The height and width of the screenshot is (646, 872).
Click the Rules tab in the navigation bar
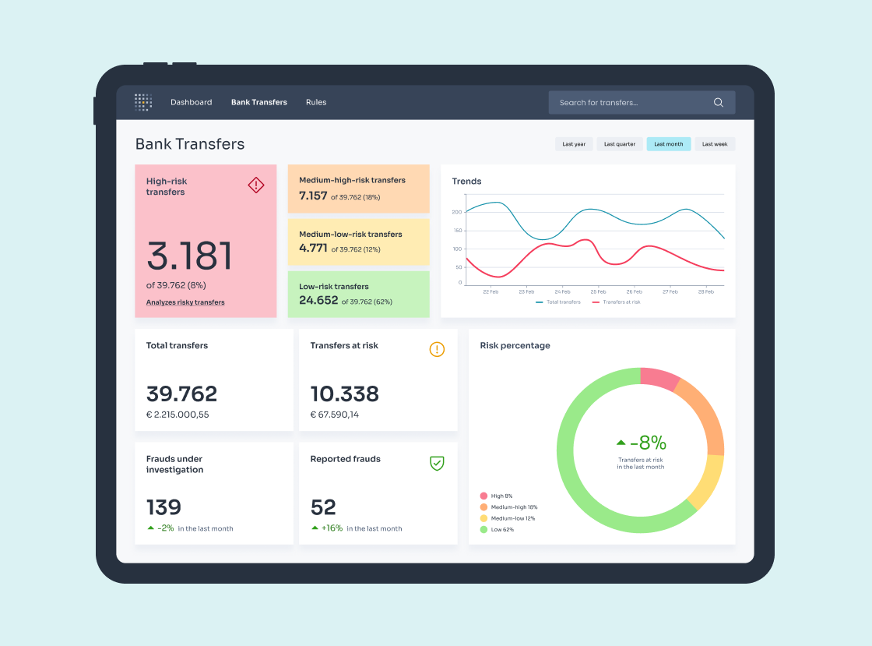[316, 102]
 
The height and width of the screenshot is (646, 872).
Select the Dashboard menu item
[191, 102]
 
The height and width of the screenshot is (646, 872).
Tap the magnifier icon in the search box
[719, 102]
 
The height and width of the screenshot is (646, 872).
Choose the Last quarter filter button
[620, 144]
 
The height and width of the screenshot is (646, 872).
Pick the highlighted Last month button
[668, 144]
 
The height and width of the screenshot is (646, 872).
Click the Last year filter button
[574, 144]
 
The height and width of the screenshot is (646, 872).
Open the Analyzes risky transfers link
[185, 302]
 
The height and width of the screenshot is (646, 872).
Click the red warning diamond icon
[256, 185]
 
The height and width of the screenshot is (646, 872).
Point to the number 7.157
[313, 196]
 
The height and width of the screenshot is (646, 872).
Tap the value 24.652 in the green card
[318, 301]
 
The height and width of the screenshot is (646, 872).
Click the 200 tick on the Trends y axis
[457, 212]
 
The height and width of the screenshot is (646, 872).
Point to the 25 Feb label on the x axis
[598, 291]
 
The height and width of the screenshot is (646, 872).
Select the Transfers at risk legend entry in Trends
[617, 302]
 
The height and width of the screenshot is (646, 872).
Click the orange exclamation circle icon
[437, 349]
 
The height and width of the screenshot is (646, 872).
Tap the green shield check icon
[437, 463]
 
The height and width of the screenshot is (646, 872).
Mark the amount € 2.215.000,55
[178, 415]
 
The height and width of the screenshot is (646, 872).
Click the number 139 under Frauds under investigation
[163, 507]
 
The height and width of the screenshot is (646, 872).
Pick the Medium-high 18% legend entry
[509, 507]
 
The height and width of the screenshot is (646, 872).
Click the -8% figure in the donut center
[648, 443]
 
